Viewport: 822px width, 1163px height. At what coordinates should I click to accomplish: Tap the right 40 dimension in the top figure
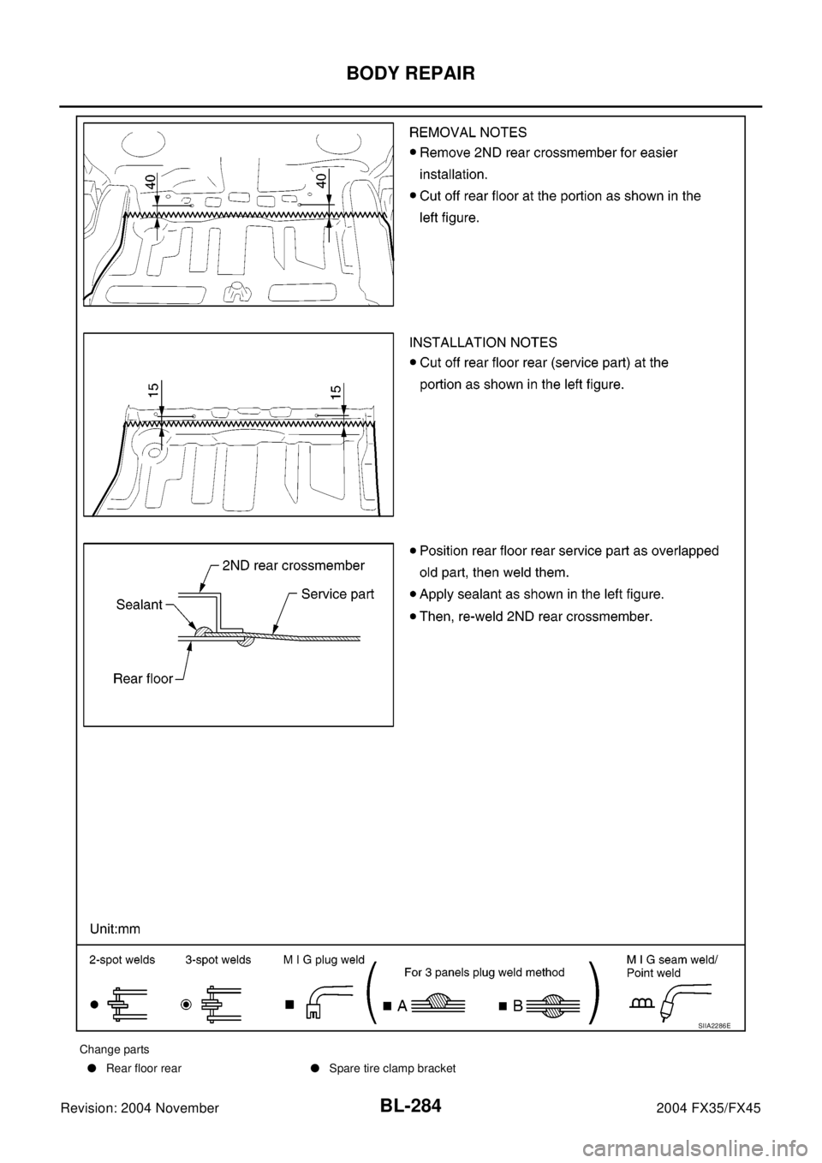pos(321,182)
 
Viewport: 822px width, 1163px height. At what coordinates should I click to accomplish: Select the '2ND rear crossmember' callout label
pos(294,565)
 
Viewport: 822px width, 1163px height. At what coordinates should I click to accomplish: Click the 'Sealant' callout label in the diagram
pos(139,605)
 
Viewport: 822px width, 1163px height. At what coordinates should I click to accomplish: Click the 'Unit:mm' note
pos(116,927)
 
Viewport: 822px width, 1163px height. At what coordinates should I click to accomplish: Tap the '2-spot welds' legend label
pos(122,960)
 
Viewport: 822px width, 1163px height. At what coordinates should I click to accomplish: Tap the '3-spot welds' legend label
pos(218,960)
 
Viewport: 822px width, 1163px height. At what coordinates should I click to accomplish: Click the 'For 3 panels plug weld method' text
pos(485,972)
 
